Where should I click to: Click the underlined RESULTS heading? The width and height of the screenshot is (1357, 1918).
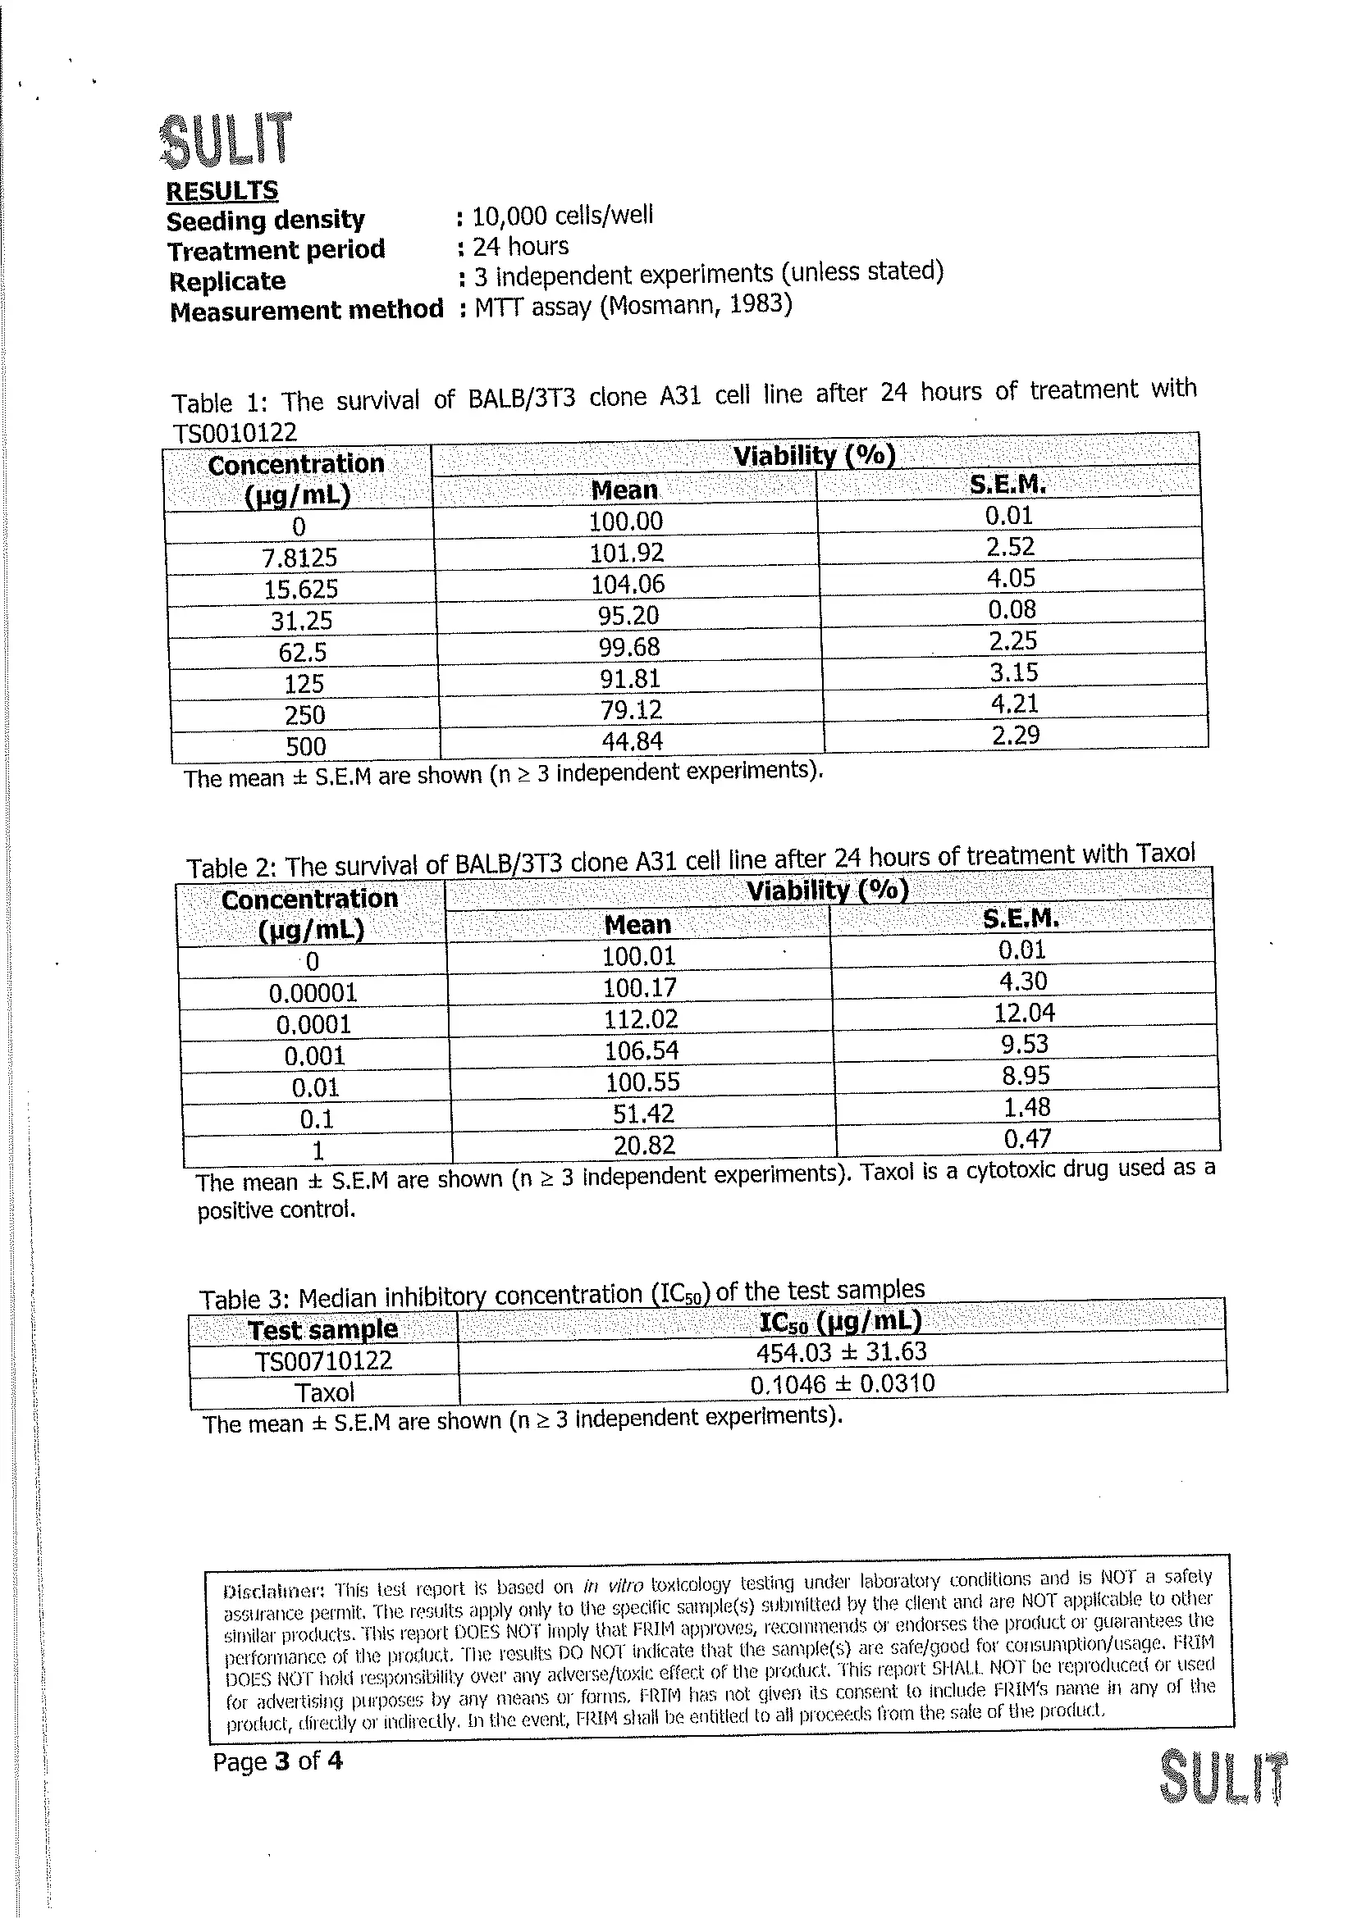(x=222, y=191)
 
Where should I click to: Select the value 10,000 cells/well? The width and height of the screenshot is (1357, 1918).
(x=562, y=216)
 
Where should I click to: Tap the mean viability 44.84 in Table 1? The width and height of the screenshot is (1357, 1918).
(x=631, y=741)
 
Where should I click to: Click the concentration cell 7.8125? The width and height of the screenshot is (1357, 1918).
(x=299, y=557)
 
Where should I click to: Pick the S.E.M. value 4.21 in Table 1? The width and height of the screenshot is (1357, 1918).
(x=1014, y=704)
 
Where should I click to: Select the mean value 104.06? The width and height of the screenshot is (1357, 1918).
(x=628, y=584)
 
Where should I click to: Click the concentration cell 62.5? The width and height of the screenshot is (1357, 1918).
(x=303, y=652)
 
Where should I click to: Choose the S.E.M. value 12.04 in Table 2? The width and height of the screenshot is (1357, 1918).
(x=1025, y=1013)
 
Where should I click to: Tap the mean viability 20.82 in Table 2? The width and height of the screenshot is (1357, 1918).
(x=643, y=1145)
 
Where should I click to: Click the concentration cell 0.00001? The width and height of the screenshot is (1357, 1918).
(x=313, y=993)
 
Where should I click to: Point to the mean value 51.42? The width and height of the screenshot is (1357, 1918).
(x=642, y=1114)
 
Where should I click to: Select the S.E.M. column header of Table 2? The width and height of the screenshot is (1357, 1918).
(x=1021, y=919)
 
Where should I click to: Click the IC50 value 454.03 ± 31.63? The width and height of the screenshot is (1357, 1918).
(x=842, y=1352)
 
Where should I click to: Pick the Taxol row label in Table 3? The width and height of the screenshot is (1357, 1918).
(x=324, y=1392)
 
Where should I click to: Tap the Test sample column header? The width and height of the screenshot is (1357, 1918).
(x=322, y=1329)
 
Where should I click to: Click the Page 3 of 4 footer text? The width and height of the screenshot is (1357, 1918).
(x=277, y=1761)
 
